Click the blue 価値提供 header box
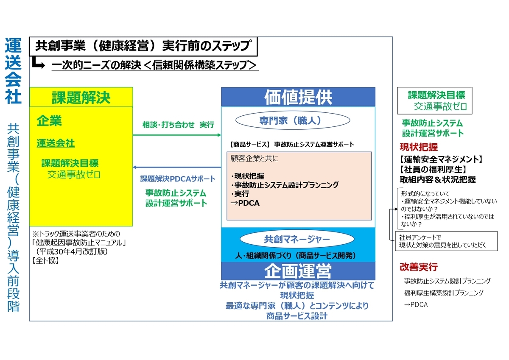[x=298, y=97]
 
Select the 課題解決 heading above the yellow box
[x=81, y=98]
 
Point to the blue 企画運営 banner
[x=298, y=270]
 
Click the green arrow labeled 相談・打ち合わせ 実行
[x=177, y=135]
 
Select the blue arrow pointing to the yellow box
[x=177, y=167]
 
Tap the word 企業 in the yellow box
[x=49, y=121]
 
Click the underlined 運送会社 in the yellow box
[x=56, y=143]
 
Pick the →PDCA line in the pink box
[x=245, y=203]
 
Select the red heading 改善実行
[x=419, y=267]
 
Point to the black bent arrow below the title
[x=39, y=64]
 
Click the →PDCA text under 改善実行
[x=416, y=305]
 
